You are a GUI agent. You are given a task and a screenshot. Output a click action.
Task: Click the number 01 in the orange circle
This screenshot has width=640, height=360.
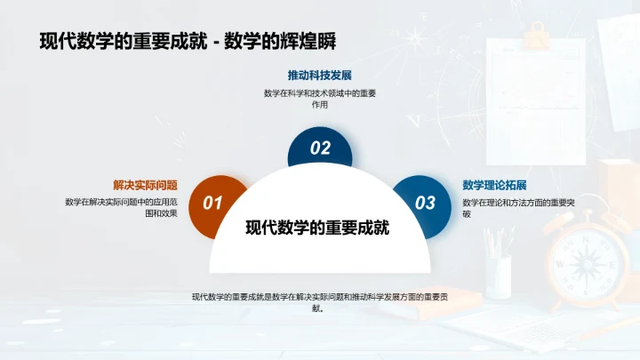click(212, 204)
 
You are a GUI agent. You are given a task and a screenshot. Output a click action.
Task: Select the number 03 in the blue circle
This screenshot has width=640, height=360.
click(426, 204)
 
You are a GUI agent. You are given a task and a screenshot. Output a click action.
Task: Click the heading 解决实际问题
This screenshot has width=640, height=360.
click(145, 185)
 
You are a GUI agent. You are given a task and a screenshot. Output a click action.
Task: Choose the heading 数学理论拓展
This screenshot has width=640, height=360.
click(495, 185)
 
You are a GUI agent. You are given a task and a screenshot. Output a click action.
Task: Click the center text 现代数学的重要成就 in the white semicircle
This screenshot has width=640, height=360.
click(317, 228)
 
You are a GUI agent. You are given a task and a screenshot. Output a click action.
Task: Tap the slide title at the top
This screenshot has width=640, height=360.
click(187, 41)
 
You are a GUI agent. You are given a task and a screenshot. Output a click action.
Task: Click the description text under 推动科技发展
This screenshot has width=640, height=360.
click(319, 99)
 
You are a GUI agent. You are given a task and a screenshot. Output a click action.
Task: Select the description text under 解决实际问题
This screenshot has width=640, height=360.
click(121, 207)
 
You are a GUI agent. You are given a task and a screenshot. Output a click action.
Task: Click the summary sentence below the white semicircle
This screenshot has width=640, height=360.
click(319, 302)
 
